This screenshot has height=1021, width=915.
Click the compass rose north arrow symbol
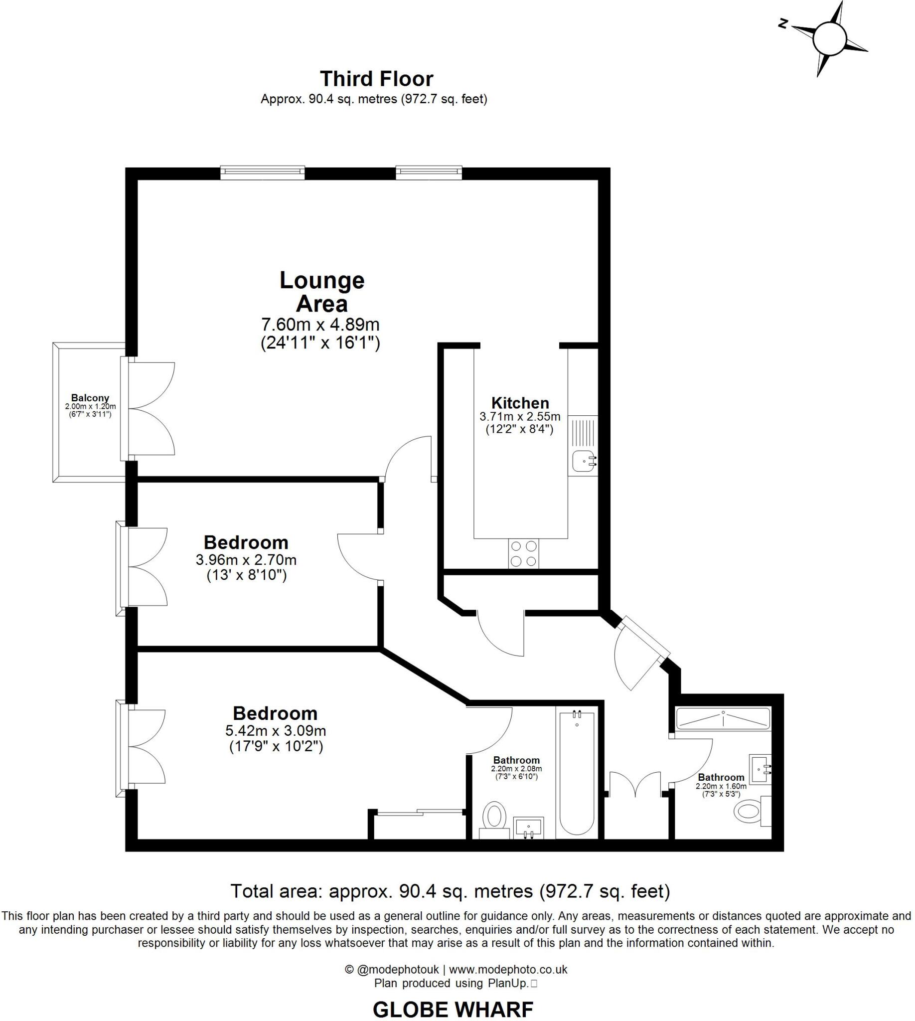830,39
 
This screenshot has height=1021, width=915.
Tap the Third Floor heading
377,79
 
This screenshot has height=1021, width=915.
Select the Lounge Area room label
322,292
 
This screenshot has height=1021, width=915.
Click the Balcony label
90,398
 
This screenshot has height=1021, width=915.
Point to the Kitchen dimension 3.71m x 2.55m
520,417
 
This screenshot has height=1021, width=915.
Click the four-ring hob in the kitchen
523,553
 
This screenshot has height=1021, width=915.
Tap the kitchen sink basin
583,460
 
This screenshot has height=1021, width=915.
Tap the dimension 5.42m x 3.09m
276,730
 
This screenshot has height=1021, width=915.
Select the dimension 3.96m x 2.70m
246,559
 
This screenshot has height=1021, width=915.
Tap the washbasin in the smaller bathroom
760,769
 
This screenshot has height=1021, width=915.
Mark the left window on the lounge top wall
263,173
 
